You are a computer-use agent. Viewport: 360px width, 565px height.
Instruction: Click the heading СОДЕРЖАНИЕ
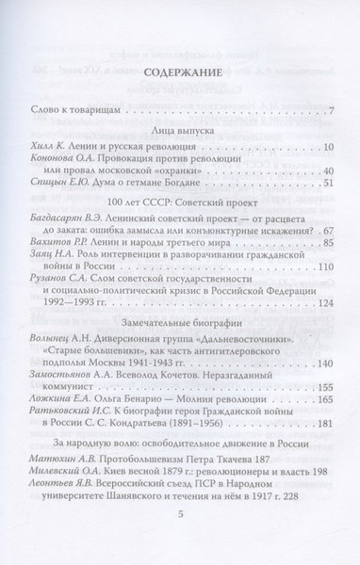click(x=180, y=72)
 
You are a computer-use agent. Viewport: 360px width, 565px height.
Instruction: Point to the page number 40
click(x=317, y=171)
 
